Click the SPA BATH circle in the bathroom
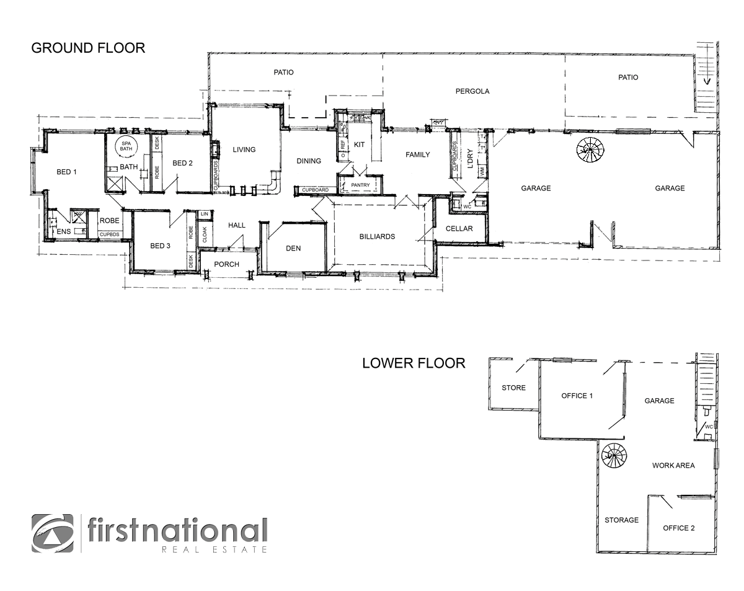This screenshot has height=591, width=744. coord(126,146)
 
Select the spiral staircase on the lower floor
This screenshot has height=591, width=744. coord(614,457)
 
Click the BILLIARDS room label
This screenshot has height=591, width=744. coord(377,236)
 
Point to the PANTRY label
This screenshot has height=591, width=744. coord(360,185)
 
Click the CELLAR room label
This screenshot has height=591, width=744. coord(459,229)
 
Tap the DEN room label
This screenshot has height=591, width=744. coord(293,248)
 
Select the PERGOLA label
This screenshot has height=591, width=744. coord(472,91)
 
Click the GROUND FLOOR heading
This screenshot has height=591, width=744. coord(88,48)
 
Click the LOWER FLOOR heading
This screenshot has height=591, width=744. coord(414,363)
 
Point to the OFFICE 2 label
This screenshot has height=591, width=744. coord(679,528)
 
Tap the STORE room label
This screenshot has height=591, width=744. coord(513,388)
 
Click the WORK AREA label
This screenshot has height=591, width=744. coord(673,465)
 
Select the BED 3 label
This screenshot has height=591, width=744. coord(161,246)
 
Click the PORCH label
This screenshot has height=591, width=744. coord(226,264)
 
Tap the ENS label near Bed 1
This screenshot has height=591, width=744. coord(64,232)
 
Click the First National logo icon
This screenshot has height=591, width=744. coord(52,533)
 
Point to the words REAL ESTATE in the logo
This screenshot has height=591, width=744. coord(214,549)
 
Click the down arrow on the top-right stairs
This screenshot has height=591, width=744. coord(706,80)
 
